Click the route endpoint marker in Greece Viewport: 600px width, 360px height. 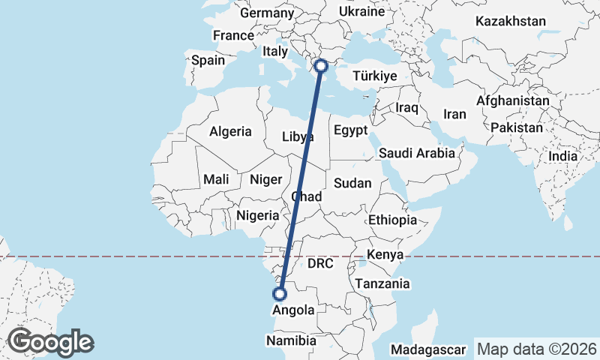(322, 65)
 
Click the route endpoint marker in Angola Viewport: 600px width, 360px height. (280, 294)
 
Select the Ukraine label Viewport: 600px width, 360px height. (361, 11)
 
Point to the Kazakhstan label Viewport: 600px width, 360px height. (510, 21)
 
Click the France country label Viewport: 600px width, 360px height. (233, 35)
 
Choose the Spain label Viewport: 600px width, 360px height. (208, 60)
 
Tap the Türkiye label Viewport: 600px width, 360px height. (373, 76)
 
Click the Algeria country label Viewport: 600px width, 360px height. (230, 131)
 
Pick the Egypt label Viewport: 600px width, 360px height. (351, 130)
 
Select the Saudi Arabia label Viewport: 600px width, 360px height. (417, 153)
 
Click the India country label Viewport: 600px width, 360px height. (562, 156)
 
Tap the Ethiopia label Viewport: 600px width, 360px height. (392, 220)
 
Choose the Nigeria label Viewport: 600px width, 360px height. (257, 215)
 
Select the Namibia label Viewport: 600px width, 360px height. (292, 340)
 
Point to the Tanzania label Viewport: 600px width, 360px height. (382, 283)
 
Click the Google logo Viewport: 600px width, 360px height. (50, 342)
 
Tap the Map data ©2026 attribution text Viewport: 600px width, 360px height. (536, 349)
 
